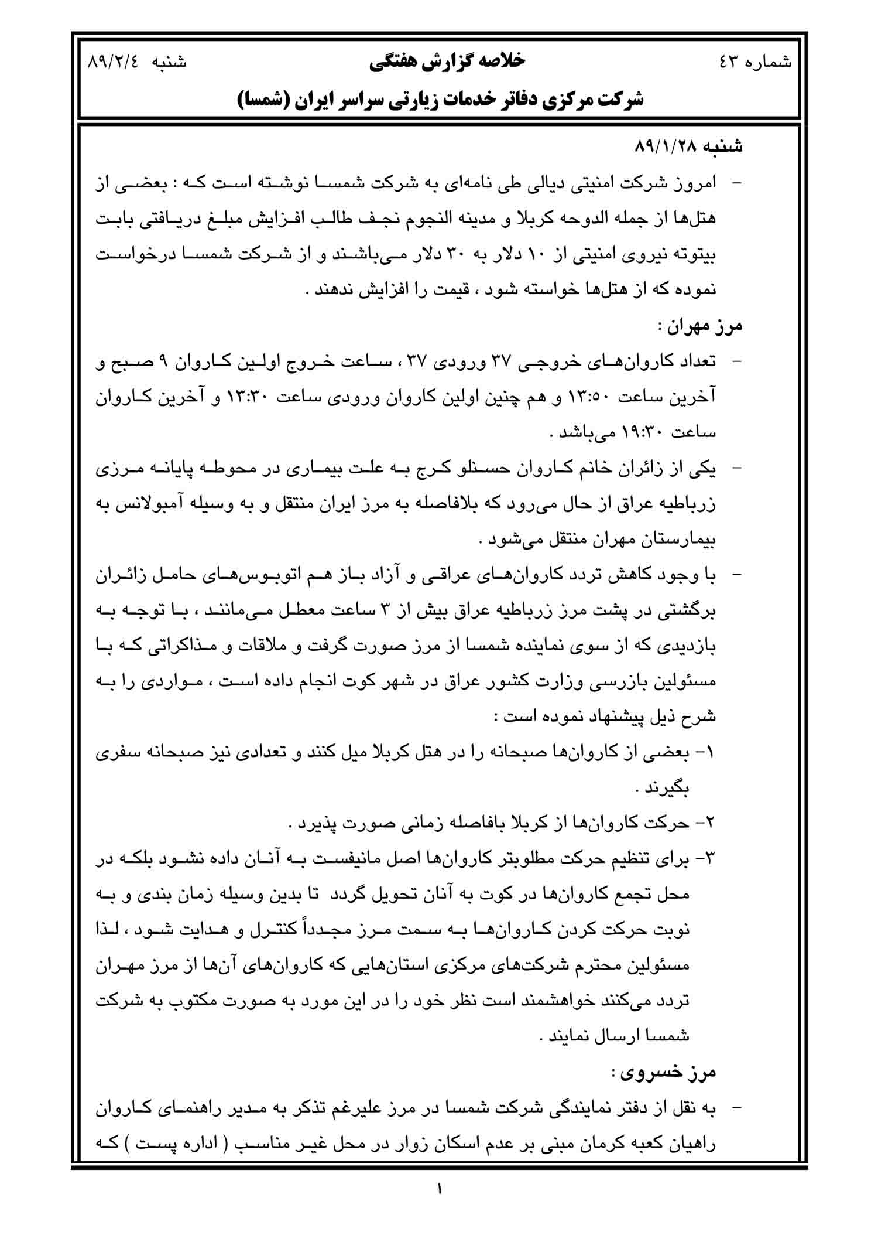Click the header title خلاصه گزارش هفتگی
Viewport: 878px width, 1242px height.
point(447,61)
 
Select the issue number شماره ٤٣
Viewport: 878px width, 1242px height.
point(755,62)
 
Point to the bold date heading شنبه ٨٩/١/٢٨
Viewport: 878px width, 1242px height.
point(688,147)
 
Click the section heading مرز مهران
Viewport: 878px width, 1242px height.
point(699,326)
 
